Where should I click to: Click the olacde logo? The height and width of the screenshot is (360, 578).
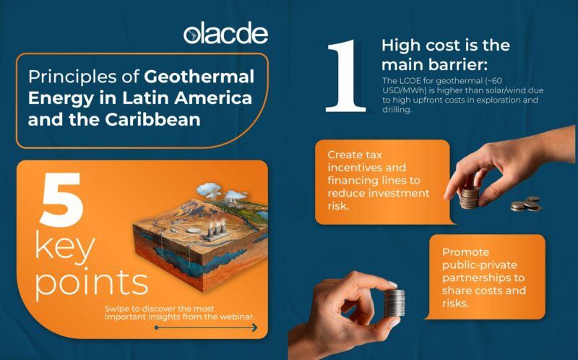point(225,33)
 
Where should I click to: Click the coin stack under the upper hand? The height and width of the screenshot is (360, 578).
point(470,197)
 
